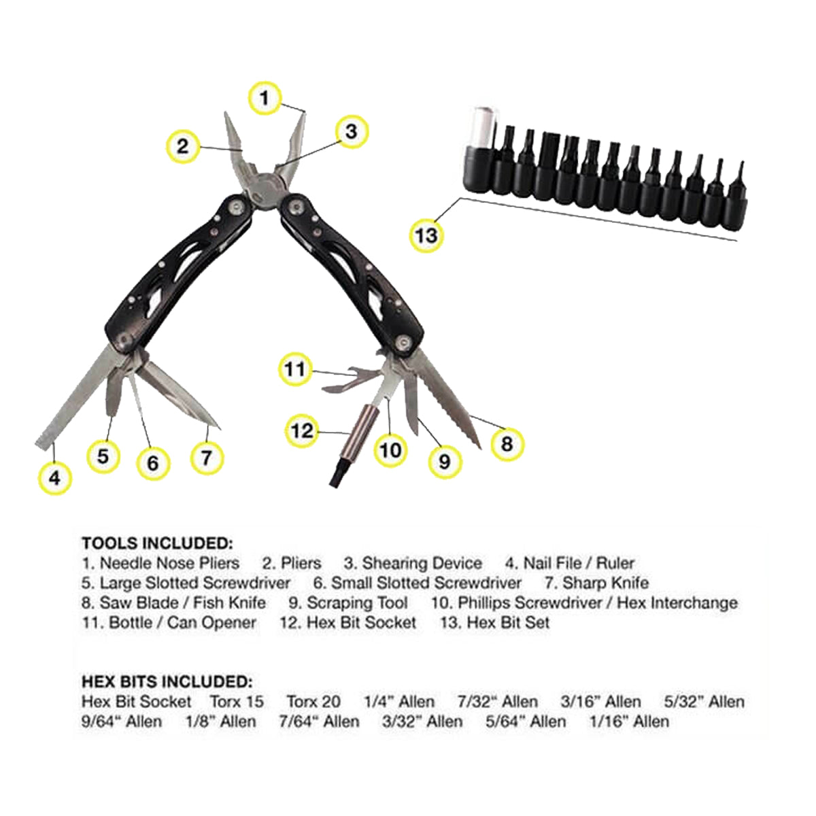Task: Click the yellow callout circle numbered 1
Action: pos(265,98)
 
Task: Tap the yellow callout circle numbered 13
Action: pos(426,235)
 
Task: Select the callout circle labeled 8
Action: pos(507,444)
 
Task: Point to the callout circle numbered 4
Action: pos(54,478)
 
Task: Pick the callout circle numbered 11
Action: pos(295,369)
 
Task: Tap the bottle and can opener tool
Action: pos(352,378)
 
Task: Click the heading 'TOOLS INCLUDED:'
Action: pos(157,543)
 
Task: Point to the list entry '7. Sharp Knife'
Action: pos(597,583)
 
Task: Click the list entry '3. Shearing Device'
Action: pos(413,563)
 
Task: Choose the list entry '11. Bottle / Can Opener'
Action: pos(169,623)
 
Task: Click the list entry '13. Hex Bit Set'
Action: pos(495,623)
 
